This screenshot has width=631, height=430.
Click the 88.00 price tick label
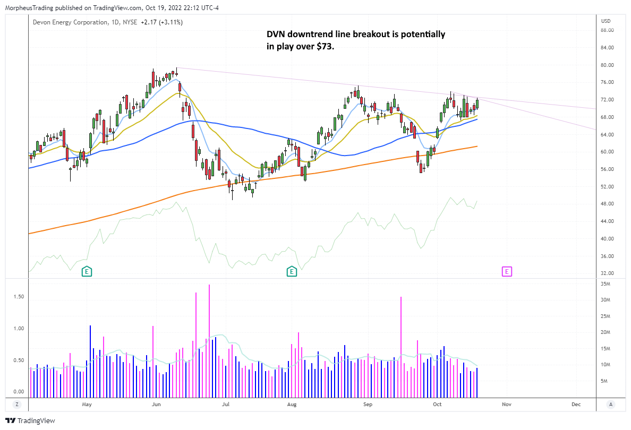[608, 30]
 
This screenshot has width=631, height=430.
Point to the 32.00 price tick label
[608, 273]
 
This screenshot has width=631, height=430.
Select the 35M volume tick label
[606, 285]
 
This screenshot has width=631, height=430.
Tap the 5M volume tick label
[604, 381]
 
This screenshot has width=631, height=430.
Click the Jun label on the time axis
[156, 405]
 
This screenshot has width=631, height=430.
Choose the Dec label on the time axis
[576, 405]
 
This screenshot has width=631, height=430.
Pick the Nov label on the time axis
[506, 405]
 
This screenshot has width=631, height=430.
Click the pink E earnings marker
[507, 272]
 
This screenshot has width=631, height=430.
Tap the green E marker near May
[87, 272]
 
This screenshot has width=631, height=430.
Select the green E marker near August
[292, 272]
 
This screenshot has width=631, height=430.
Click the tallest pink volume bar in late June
[209, 340]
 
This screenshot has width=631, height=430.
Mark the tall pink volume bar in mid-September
[401, 345]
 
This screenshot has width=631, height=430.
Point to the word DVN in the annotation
[276, 35]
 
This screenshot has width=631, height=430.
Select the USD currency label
[606, 21]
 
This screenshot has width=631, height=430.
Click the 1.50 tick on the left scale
[18, 297]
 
